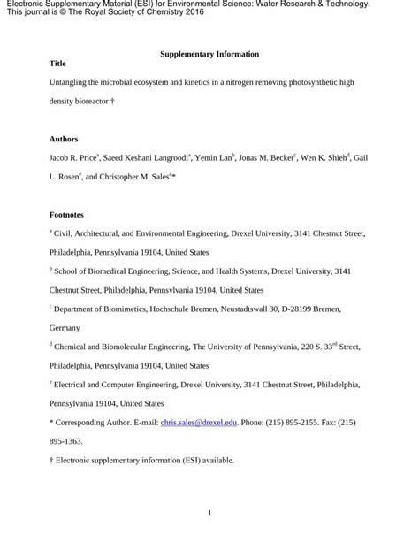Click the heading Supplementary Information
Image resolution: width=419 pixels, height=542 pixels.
(x=209, y=55)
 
